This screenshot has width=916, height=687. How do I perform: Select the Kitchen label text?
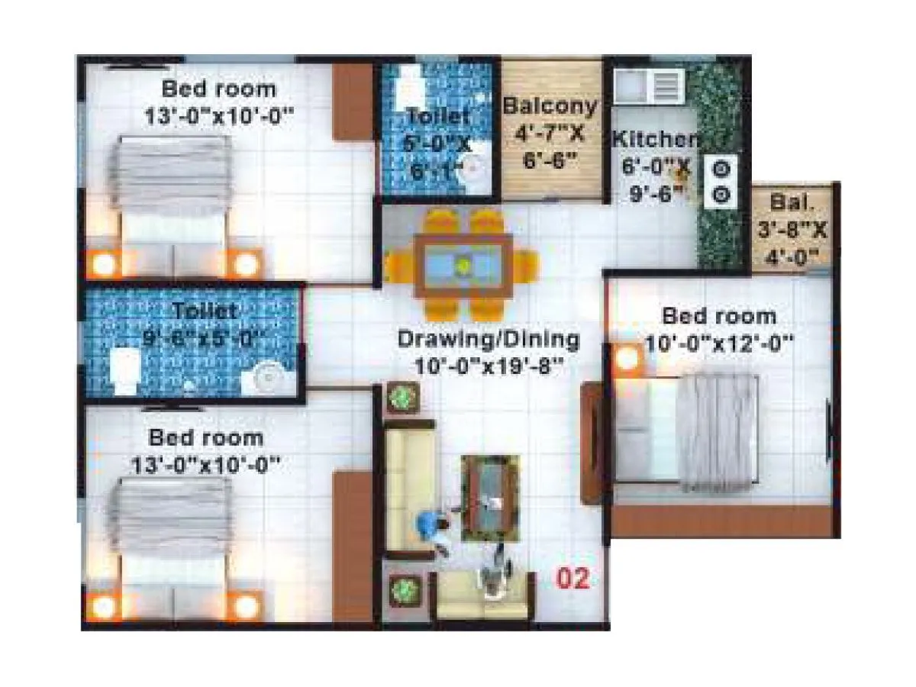pos(655,140)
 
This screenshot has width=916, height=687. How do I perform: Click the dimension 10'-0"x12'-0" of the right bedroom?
pos(718,343)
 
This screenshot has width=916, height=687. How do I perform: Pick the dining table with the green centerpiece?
pos(463,266)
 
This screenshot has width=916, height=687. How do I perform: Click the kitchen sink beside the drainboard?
pos(633,83)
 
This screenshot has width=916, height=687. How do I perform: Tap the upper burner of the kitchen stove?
pos(721,168)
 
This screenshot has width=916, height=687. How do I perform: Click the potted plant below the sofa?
pos(402,589)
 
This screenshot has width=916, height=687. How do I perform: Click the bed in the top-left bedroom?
pos(171,198)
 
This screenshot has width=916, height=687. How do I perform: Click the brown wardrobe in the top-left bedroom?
pos(352,102)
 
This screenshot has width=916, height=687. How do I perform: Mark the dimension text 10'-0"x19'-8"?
pos(489,366)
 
